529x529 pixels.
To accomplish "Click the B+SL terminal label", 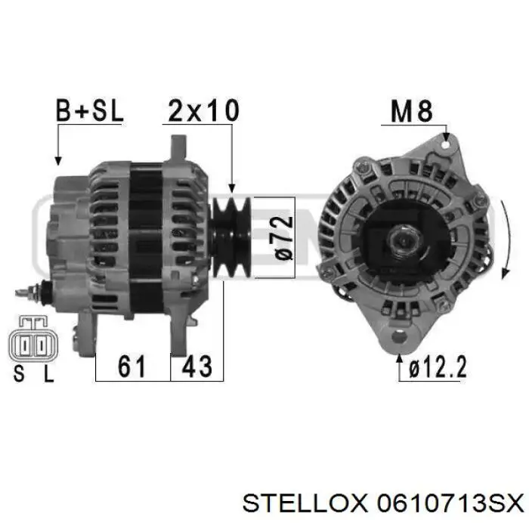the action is pos(89,110).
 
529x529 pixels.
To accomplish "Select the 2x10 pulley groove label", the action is pos(203,110).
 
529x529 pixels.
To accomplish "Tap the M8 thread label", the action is pos(411,111).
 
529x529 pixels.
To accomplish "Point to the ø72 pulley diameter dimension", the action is pos(283,238).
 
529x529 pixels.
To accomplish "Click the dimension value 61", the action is pos(132,366).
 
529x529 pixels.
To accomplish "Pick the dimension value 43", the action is pos(197,366).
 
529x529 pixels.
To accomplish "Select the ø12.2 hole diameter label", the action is pos(438,367).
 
